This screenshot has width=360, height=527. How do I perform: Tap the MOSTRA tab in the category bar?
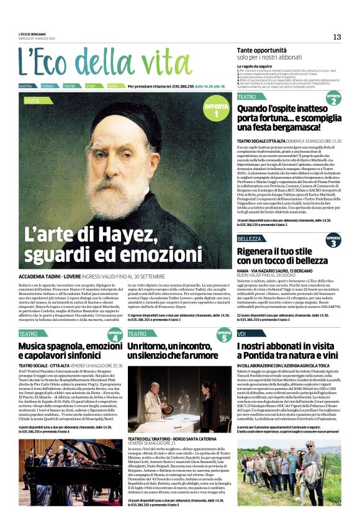[27, 86]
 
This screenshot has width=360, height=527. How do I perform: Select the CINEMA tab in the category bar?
[48, 86]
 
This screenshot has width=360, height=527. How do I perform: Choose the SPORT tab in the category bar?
[91, 86]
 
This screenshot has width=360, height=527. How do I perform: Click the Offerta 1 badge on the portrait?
[216, 111]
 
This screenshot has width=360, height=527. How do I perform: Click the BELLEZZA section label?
[250, 239]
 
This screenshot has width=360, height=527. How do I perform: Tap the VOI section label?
[242, 334]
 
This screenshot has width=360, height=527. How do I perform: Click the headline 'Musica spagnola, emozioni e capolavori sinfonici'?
[70, 351]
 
